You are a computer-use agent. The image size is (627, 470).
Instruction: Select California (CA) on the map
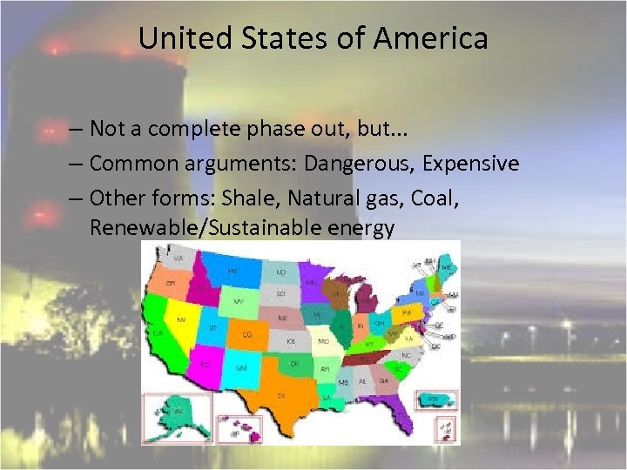coord(160,332)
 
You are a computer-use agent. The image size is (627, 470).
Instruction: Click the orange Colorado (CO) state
coord(247,333)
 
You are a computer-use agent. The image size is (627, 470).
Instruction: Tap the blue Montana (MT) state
coord(233,272)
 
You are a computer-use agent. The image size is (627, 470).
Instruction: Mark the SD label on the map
coord(280,293)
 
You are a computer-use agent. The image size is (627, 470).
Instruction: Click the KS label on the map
coord(291,341)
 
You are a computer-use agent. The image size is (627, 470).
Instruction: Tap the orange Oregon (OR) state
coord(172,284)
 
